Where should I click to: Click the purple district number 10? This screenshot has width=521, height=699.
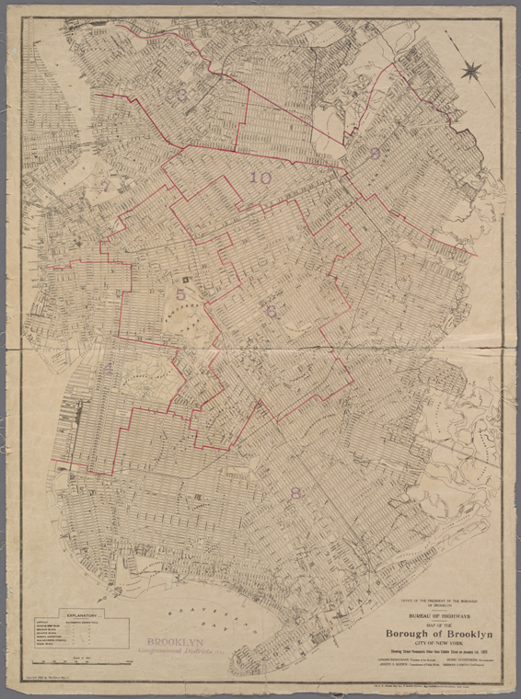pos(260,178)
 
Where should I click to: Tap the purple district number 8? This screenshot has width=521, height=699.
pos(295,493)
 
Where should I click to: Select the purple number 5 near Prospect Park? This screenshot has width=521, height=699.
pos(180,295)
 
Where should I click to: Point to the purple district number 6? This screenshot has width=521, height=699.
pos(272,312)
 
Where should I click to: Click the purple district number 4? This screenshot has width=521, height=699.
pos(109,369)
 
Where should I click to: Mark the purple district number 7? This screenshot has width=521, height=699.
pos(103,186)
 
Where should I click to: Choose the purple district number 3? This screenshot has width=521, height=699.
pos(182,94)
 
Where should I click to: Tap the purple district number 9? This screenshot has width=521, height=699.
pos(375,155)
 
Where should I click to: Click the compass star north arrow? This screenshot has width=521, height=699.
pos(472,68)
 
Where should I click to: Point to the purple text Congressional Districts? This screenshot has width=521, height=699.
pos(173,651)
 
